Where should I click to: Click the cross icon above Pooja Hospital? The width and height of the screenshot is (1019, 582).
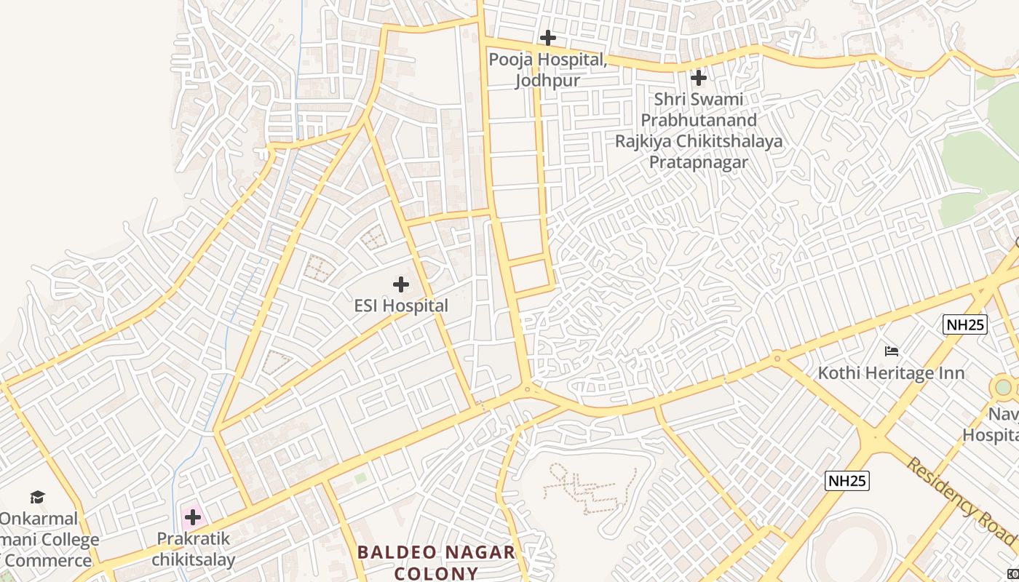click(548, 37)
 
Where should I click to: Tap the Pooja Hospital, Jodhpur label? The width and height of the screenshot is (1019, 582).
click(547, 70)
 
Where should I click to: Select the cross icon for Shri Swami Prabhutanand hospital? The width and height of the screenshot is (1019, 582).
click(699, 77)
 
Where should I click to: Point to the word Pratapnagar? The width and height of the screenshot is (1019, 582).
click(698, 162)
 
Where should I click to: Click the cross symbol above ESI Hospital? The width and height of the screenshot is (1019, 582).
click(400, 284)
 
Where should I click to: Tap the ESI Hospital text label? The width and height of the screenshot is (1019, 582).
click(401, 306)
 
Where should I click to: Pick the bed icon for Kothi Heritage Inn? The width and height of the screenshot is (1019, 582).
click(892, 351)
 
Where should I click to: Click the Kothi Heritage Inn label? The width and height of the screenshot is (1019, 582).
click(891, 373)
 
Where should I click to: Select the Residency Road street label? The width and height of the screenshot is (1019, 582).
click(961, 501)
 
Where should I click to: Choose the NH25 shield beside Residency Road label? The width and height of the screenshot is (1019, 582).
click(848, 480)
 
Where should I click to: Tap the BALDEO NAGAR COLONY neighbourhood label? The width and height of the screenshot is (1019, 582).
click(437, 562)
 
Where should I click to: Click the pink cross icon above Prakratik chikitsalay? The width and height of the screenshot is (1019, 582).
click(193, 517)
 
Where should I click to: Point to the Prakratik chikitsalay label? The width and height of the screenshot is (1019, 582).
click(193, 549)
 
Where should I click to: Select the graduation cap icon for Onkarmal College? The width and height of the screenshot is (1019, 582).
click(37, 497)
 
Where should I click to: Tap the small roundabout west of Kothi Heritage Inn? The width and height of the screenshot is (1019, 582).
click(777, 357)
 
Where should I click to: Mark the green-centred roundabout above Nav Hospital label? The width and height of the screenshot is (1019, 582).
click(1003, 387)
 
